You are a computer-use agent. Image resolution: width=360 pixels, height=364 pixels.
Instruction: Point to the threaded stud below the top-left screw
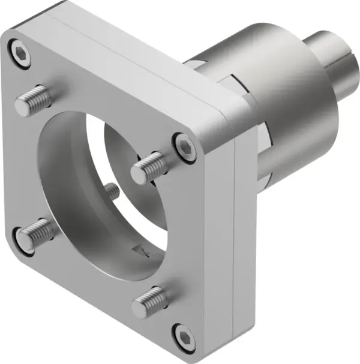pyautogui.click(x=34, y=101)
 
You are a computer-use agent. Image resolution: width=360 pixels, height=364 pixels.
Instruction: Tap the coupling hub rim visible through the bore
pyautogui.click(x=114, y=150)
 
